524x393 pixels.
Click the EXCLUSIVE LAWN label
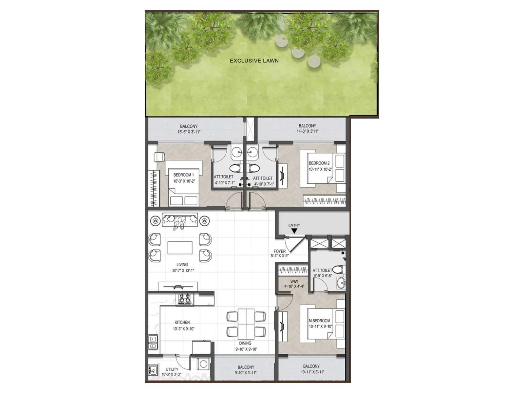(254, 61)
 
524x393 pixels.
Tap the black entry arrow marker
(294, 231)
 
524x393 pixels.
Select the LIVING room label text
(182, 265)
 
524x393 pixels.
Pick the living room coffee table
(180, 248)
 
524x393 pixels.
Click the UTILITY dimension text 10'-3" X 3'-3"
(172, 374)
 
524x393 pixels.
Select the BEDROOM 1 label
(183, 175)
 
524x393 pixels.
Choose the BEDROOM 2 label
(319, 163)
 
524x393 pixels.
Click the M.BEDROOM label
(320, 321)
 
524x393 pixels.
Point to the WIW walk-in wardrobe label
(294, 282)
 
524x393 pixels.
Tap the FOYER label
(279, 252)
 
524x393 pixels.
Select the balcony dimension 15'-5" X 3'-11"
(189, 132)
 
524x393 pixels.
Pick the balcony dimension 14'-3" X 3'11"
(307, 131)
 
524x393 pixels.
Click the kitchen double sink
(153, 342)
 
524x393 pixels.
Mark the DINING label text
(245, 343)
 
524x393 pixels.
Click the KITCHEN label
(182, 323)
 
